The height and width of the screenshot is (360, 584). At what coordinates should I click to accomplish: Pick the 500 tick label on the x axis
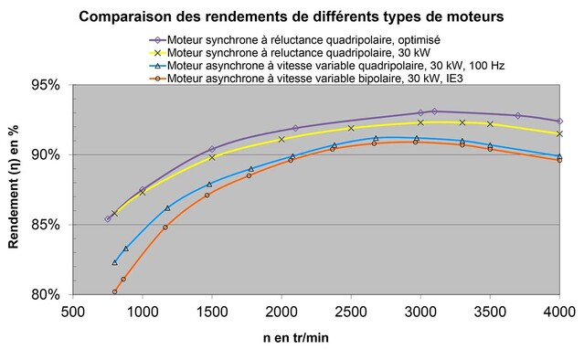click(x=73, y=312)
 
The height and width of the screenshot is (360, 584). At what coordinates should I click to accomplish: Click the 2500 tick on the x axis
click(x=351, y=312)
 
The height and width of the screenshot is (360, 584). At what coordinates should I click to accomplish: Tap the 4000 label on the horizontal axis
click(x=559, y=312)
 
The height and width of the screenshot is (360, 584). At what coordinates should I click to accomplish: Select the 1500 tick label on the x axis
click(x=212, y=312)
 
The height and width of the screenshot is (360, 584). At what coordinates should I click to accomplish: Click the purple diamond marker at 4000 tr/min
click(x=559, y=121)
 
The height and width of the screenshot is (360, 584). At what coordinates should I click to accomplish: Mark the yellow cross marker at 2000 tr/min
click(x=281, y=139)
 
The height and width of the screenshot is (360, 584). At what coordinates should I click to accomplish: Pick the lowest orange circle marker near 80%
click(x=115, y=292)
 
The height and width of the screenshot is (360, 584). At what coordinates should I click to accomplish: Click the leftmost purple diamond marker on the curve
click(x=108, y=218)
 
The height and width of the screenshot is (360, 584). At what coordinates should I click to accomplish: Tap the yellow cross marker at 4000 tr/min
click(x=559, y=133)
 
